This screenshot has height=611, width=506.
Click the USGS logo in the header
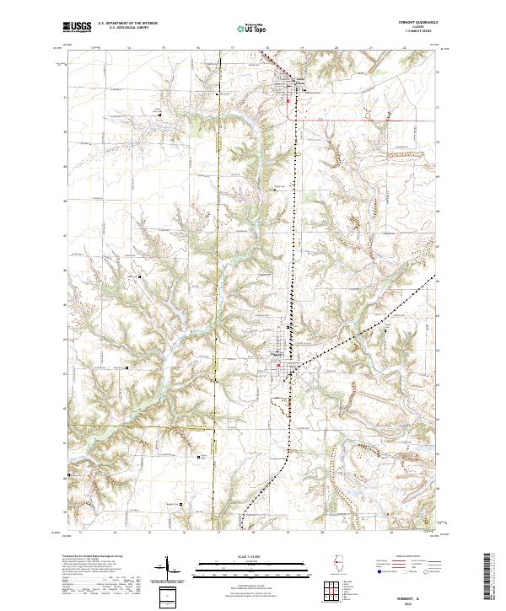78,28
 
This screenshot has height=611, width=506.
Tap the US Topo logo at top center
243,29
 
